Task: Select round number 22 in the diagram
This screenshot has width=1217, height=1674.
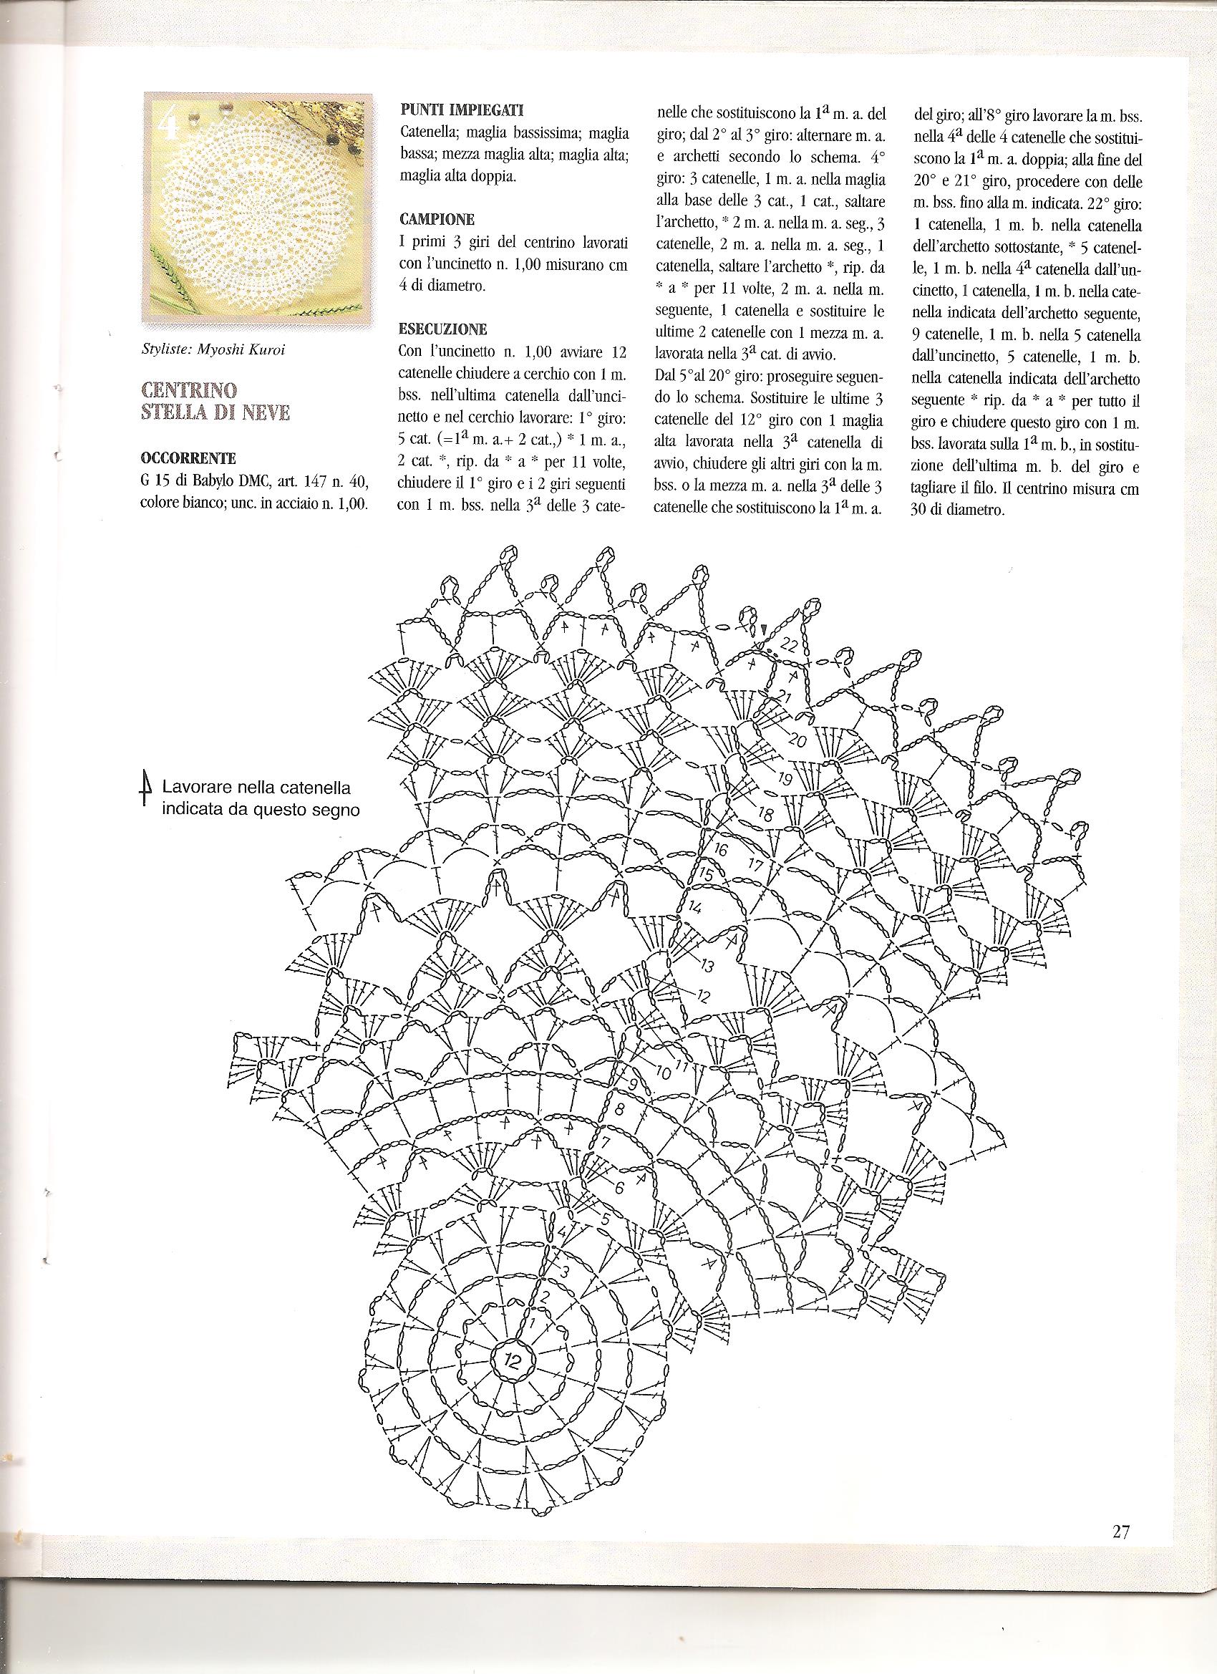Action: pyautogui.click(x=787, y=646)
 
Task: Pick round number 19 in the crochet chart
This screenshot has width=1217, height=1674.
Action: pyautogui.click(x=785, y=779)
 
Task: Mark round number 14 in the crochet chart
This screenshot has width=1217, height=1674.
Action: pyautogui.click(x=694, y=906)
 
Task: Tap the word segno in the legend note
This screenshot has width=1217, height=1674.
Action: pyautogui.click(x=336, y=810)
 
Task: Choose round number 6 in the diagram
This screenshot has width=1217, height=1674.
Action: pyautogui.click(x=619, y=1188)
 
